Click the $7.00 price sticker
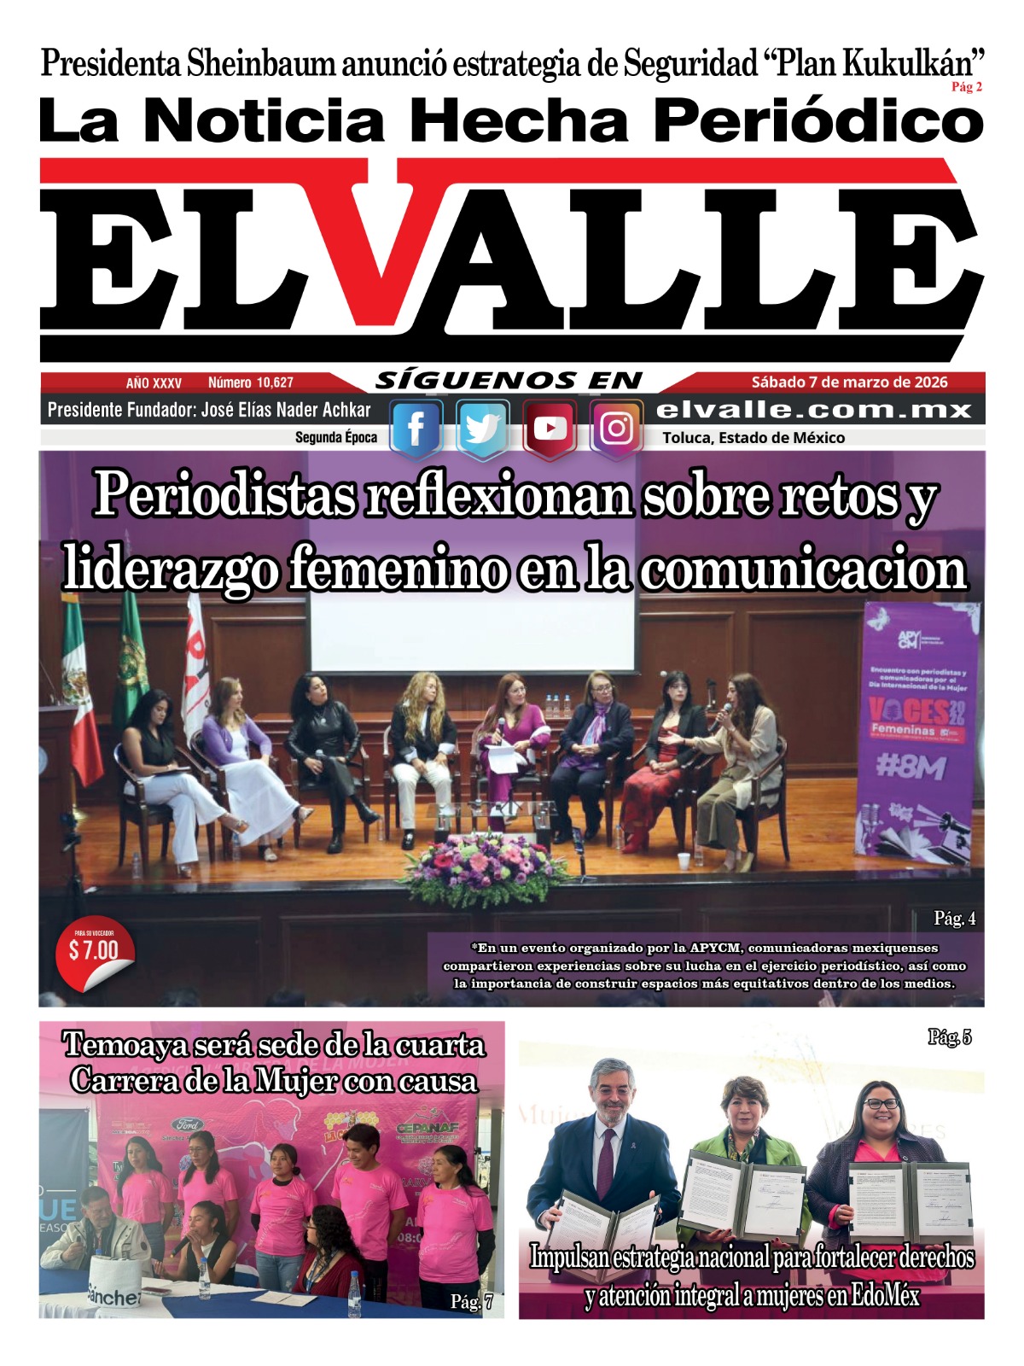tap(94, 950)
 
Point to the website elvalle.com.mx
tap(814, 411)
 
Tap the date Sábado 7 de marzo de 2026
tap(849, 382)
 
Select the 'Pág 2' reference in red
tap(967, 87)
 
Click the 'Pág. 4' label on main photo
tap(955, 919)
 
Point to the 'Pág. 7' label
tap(471, 1302)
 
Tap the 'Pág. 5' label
tap(950, 1037)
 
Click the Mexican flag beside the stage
tap(80, 692)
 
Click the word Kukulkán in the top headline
tap(908, 64)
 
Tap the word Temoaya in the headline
tap(125, 1045)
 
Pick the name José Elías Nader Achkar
tap(286, 411)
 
